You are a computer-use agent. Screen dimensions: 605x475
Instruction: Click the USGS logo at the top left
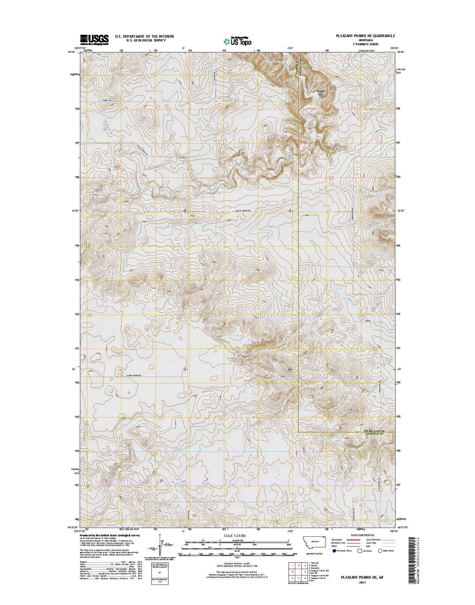coord(94,39)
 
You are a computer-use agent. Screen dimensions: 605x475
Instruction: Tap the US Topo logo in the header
coord(237,41)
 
